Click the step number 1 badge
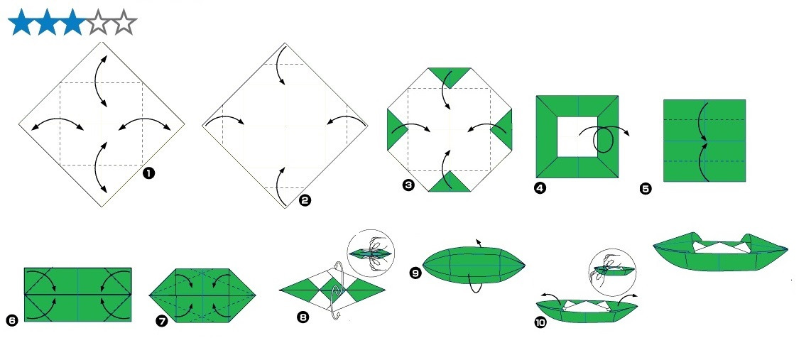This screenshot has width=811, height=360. pos(148,173)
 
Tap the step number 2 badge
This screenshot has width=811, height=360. pos(305,201)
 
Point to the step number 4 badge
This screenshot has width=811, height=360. pos(540,187)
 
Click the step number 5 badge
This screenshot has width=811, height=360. pos(646,189)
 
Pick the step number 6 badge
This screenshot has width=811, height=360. pos(11,320)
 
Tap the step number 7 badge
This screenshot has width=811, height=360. pos(162,321)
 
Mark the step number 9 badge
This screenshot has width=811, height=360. pos(416,273)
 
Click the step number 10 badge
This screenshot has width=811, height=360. pos(540,323)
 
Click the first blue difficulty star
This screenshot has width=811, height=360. pos(21,22)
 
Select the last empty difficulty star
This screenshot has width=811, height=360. pos(124,22)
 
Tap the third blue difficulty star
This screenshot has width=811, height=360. pos(72,22)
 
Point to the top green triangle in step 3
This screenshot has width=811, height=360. pos(450,75)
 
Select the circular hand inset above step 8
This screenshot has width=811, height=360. pos(371,253)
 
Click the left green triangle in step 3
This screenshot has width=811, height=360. pos(394,129)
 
